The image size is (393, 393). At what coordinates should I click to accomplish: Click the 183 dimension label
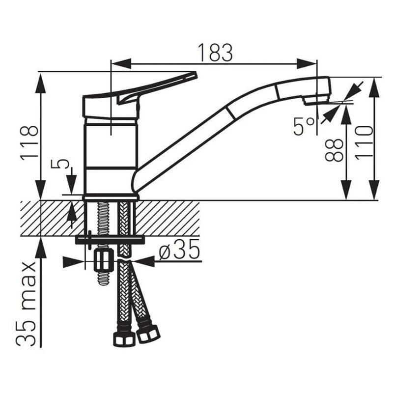215,53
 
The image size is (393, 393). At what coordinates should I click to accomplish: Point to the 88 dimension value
334,150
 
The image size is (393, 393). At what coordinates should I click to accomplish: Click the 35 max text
27,304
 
